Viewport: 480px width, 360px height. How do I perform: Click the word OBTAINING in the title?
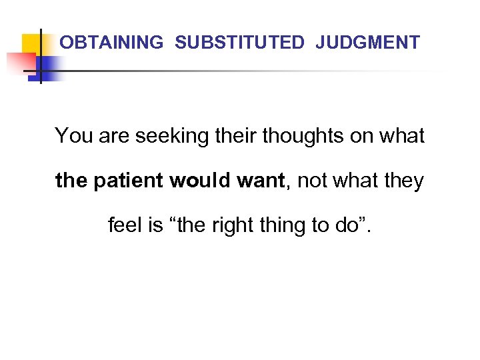111,43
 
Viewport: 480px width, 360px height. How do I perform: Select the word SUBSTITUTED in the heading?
239,43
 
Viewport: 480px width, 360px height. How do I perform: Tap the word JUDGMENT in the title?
368,43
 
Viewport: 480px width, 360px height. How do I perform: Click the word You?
75,136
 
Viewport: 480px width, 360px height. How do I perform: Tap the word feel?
125,226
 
